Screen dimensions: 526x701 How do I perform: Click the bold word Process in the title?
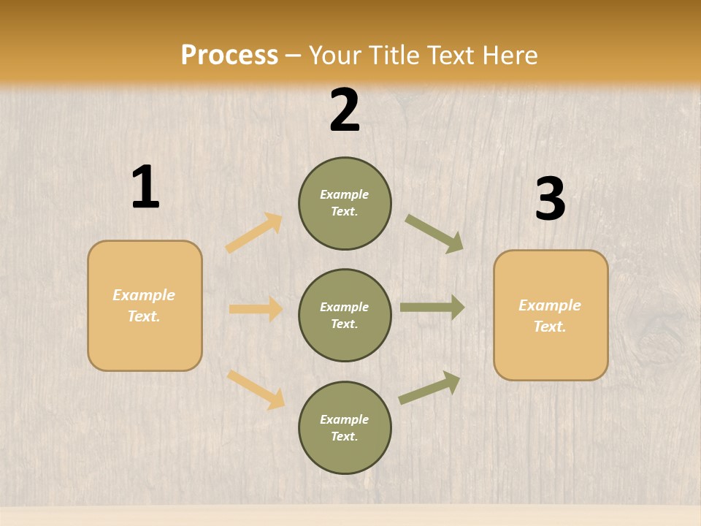coord(229,56)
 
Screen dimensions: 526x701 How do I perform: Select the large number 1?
coord(145,188)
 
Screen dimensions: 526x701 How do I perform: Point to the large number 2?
coord(345,110)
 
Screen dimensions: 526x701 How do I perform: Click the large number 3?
coord(550,199)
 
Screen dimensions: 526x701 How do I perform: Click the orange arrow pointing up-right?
coord(254,233)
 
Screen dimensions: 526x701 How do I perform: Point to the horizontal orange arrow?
coord(256,309)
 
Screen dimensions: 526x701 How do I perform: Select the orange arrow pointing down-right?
coord(256,389)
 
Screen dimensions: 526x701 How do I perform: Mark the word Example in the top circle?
coord(344,194)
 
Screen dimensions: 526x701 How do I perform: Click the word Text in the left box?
coord(142,316)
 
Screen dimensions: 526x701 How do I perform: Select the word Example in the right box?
coord(550,305)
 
